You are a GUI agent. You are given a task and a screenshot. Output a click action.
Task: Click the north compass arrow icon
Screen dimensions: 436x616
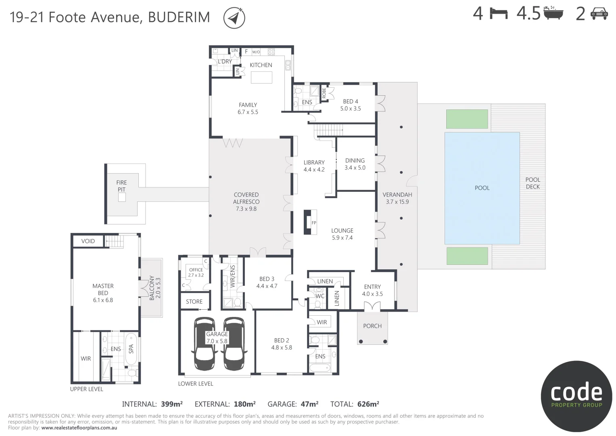click(x=234, y=18)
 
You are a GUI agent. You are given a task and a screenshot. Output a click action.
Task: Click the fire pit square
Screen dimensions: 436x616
click(x=121, y=197)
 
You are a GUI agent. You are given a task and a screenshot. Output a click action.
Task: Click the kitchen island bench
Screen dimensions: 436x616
click(x=261, y=77)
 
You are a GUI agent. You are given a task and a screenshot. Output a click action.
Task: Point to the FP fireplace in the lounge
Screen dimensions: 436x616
click(x=310, y=222)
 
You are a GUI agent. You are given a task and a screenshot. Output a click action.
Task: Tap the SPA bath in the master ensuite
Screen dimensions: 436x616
click(x=131, y=348)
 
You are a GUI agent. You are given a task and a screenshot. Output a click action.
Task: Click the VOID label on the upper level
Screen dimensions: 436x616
click(x=88, y=241)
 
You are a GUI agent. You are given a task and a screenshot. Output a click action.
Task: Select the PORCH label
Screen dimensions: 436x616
click(x=372, y=326)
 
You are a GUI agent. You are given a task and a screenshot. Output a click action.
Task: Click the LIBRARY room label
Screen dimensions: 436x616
click(x=314, y=162)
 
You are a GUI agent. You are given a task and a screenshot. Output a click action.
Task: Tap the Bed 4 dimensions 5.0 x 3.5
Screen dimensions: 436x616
click(x=351, y=109)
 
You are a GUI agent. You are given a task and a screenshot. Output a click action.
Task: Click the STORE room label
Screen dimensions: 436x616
click(x=194, y=302)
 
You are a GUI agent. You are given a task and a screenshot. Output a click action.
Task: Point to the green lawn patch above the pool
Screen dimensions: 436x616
click(x=467, y=118)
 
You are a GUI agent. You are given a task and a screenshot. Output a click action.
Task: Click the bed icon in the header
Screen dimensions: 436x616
click(x=499, y=14)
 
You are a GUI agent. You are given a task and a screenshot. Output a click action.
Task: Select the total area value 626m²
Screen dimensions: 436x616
click(x=368, y=404)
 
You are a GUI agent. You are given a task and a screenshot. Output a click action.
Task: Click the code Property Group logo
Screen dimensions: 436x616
click(x=576, y=396)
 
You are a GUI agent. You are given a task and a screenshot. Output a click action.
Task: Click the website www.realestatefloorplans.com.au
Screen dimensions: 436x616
click(x=79, y=428)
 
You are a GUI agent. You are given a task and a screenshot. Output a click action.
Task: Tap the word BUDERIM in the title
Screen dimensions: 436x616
click(x=179, y=17)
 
